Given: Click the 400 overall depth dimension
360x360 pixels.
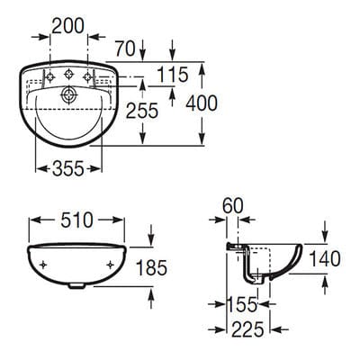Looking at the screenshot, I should pos(201,103).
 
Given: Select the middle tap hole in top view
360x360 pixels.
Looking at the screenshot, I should pos(67,75).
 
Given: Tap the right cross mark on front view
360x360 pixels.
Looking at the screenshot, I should pos(111,264).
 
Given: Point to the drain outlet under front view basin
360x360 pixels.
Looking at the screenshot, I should pos(76,288).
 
